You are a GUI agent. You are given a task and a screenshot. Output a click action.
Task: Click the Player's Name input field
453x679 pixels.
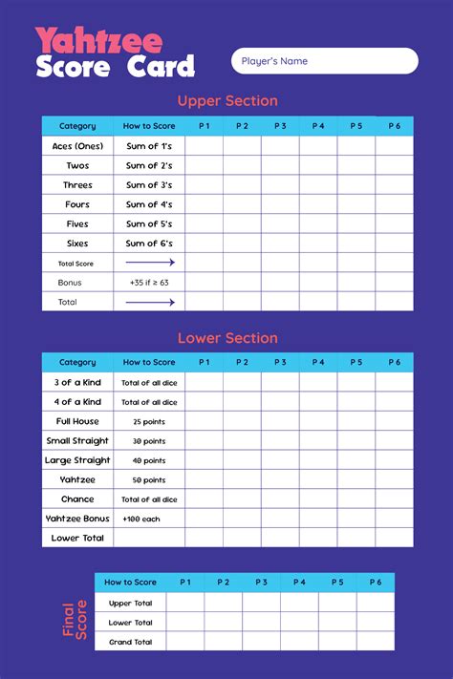(x=324, y=61)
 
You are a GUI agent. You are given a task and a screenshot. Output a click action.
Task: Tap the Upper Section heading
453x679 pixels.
(x=227, y=101)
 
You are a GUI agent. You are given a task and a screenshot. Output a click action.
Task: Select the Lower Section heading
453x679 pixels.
(x=227, y=338)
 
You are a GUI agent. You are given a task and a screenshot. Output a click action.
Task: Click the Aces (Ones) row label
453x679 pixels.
(x=77, y=146)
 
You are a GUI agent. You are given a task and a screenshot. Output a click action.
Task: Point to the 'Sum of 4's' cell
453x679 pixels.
(x=149, y=204)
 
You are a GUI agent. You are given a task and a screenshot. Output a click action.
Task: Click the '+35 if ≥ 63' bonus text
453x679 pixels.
(x=149, y=283)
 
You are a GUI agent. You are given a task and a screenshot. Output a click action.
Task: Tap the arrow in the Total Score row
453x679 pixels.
(x=150, y=263)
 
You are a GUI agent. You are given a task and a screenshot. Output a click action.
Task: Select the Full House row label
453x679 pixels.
(x=77, y=421)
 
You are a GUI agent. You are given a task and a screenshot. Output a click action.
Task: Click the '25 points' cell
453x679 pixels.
(x=149, y=421)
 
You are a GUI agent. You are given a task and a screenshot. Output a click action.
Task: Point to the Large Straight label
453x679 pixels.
(x=77, y=460)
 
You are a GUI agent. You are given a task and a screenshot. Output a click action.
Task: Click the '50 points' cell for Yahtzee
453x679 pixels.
(x=149, y=479)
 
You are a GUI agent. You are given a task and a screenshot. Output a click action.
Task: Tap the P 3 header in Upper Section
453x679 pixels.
(x=280, y=126)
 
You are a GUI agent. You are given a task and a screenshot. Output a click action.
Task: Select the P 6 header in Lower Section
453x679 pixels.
(x=394, y=363)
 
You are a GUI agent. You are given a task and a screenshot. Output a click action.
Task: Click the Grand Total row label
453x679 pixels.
(x=131, y=642)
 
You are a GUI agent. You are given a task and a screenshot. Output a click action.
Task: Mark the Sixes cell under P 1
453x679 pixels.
(x=204, y=244)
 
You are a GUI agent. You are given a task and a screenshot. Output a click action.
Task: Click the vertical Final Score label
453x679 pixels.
(x=76, y=618)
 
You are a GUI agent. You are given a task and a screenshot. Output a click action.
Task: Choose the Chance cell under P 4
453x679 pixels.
(x=318, y=499)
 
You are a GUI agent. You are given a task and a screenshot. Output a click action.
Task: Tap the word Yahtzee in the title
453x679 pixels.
(x=98, y=41)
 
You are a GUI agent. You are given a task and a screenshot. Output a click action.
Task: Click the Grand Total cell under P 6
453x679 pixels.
(x=375, y=642)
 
